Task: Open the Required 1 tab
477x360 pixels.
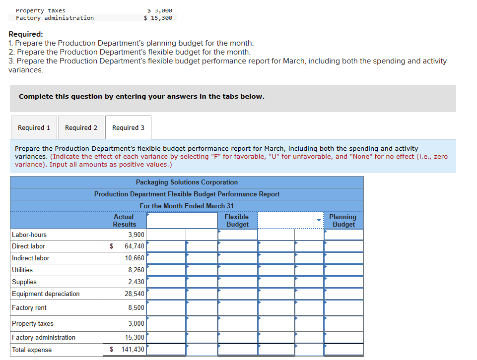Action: (x=34, y=127)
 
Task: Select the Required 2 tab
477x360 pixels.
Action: (x=81, y=127)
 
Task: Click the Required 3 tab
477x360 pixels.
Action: (x=128, y=127)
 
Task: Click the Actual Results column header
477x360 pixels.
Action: (x=124, y=221)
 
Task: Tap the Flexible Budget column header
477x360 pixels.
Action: (x=237, y=221)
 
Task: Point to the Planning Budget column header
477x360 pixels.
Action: (x=343, y=221)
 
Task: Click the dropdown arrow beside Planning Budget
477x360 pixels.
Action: (x=319, y=221)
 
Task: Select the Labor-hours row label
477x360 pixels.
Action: (x=29, y=235)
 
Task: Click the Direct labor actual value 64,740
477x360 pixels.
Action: (x=135, y=246)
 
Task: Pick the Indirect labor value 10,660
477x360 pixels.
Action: (x=135, y=258)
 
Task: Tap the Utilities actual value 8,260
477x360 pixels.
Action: (x=136, y=270)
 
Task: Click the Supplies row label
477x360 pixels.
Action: (x=24, y=282)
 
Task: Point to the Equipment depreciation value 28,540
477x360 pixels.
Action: (x=135, y=294)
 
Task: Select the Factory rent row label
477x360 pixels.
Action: (x=29, y=307)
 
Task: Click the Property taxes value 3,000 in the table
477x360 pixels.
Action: (x=136, y=323)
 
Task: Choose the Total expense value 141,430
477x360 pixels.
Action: (x=133, y=350)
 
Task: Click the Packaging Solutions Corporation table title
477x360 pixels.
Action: (x=187, y=182)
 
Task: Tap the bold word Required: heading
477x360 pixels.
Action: (x=26, y=34)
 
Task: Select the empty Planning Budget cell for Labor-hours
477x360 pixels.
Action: (x=343, y=235)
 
